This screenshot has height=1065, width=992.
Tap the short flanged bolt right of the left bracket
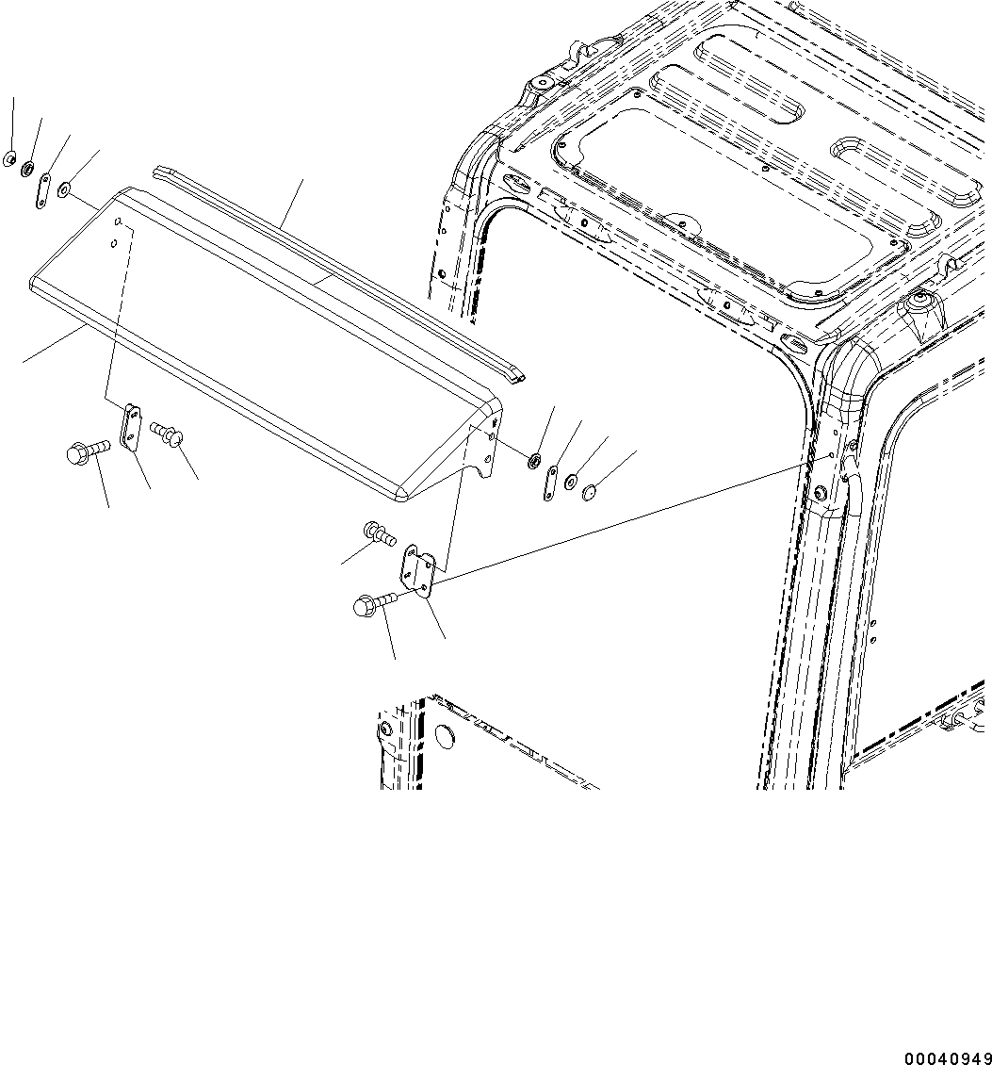click(x=168, y=434)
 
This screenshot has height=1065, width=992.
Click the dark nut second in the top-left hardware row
click(x=27, y=168)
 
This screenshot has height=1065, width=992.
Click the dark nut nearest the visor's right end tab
click(x=532, y=461)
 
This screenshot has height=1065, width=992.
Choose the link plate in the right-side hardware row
click(x=551, y=483)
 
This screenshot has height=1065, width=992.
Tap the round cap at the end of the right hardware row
click(x=591, y=491)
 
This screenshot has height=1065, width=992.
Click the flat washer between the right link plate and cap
click(x=571, y=483)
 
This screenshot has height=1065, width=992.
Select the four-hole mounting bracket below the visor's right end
click(x=418, y=570)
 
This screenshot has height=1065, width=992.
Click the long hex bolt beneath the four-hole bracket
click(x=371, y=603)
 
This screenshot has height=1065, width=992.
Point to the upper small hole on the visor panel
click(x=119, y=222)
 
